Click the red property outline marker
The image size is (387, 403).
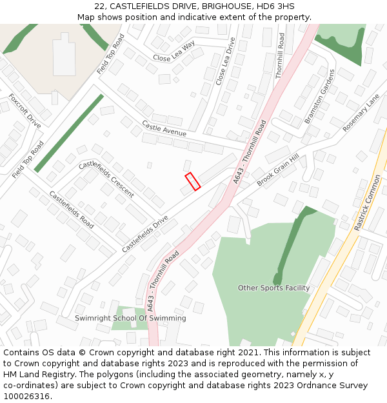[x=193, y=181]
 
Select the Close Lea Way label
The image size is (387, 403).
[x=174, y=52]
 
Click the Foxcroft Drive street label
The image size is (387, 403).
[x=25, y=111]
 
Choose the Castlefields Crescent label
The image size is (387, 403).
[x=106, y=179]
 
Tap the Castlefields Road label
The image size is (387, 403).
[x=72, y=210]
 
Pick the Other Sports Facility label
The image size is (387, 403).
[x=273, y=288]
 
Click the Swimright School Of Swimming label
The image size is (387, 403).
[x=130, y=318]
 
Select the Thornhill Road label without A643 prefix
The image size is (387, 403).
[x=280, y=55]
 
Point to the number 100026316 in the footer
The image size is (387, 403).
[x=27, y=396]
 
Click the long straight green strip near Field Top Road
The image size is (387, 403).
[x=68, y=133]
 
